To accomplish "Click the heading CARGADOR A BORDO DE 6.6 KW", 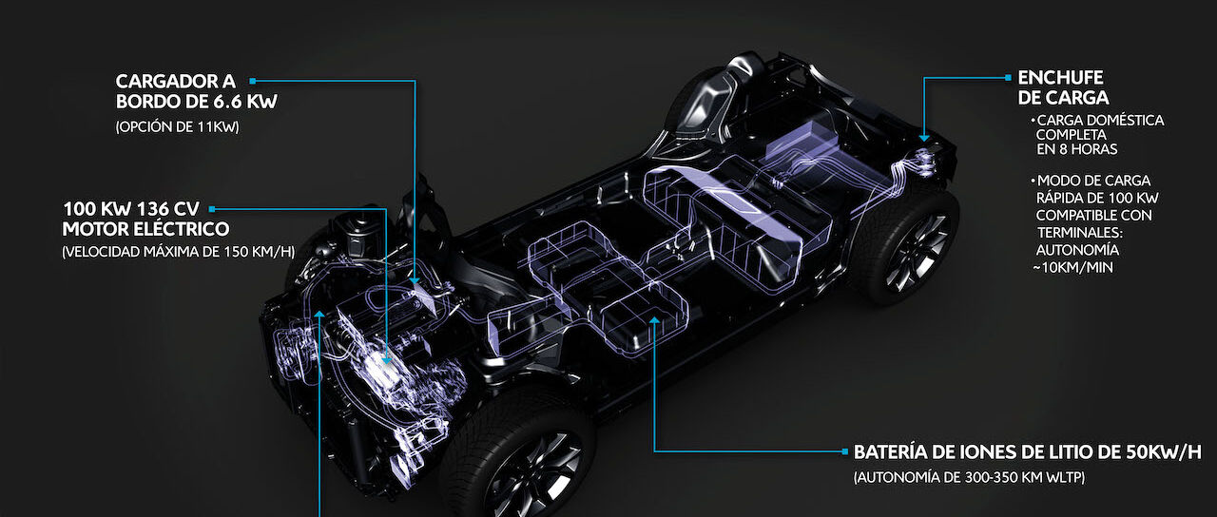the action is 196,91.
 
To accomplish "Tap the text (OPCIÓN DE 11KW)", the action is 177,127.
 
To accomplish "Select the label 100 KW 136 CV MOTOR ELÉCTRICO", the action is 145,219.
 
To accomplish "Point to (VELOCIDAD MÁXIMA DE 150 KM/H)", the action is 178,252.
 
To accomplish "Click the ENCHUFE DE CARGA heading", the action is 1063,87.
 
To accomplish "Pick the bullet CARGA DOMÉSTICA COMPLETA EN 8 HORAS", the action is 1097,135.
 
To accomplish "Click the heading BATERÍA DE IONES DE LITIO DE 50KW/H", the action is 1028,451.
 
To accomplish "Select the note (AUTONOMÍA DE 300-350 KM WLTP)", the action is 969,477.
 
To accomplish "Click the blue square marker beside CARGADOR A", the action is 252,81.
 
